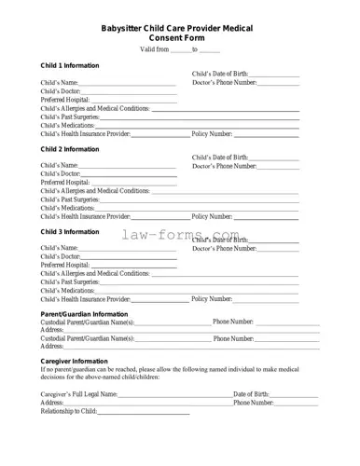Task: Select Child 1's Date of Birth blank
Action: (274, 75)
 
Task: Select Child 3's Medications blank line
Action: (196, 291)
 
